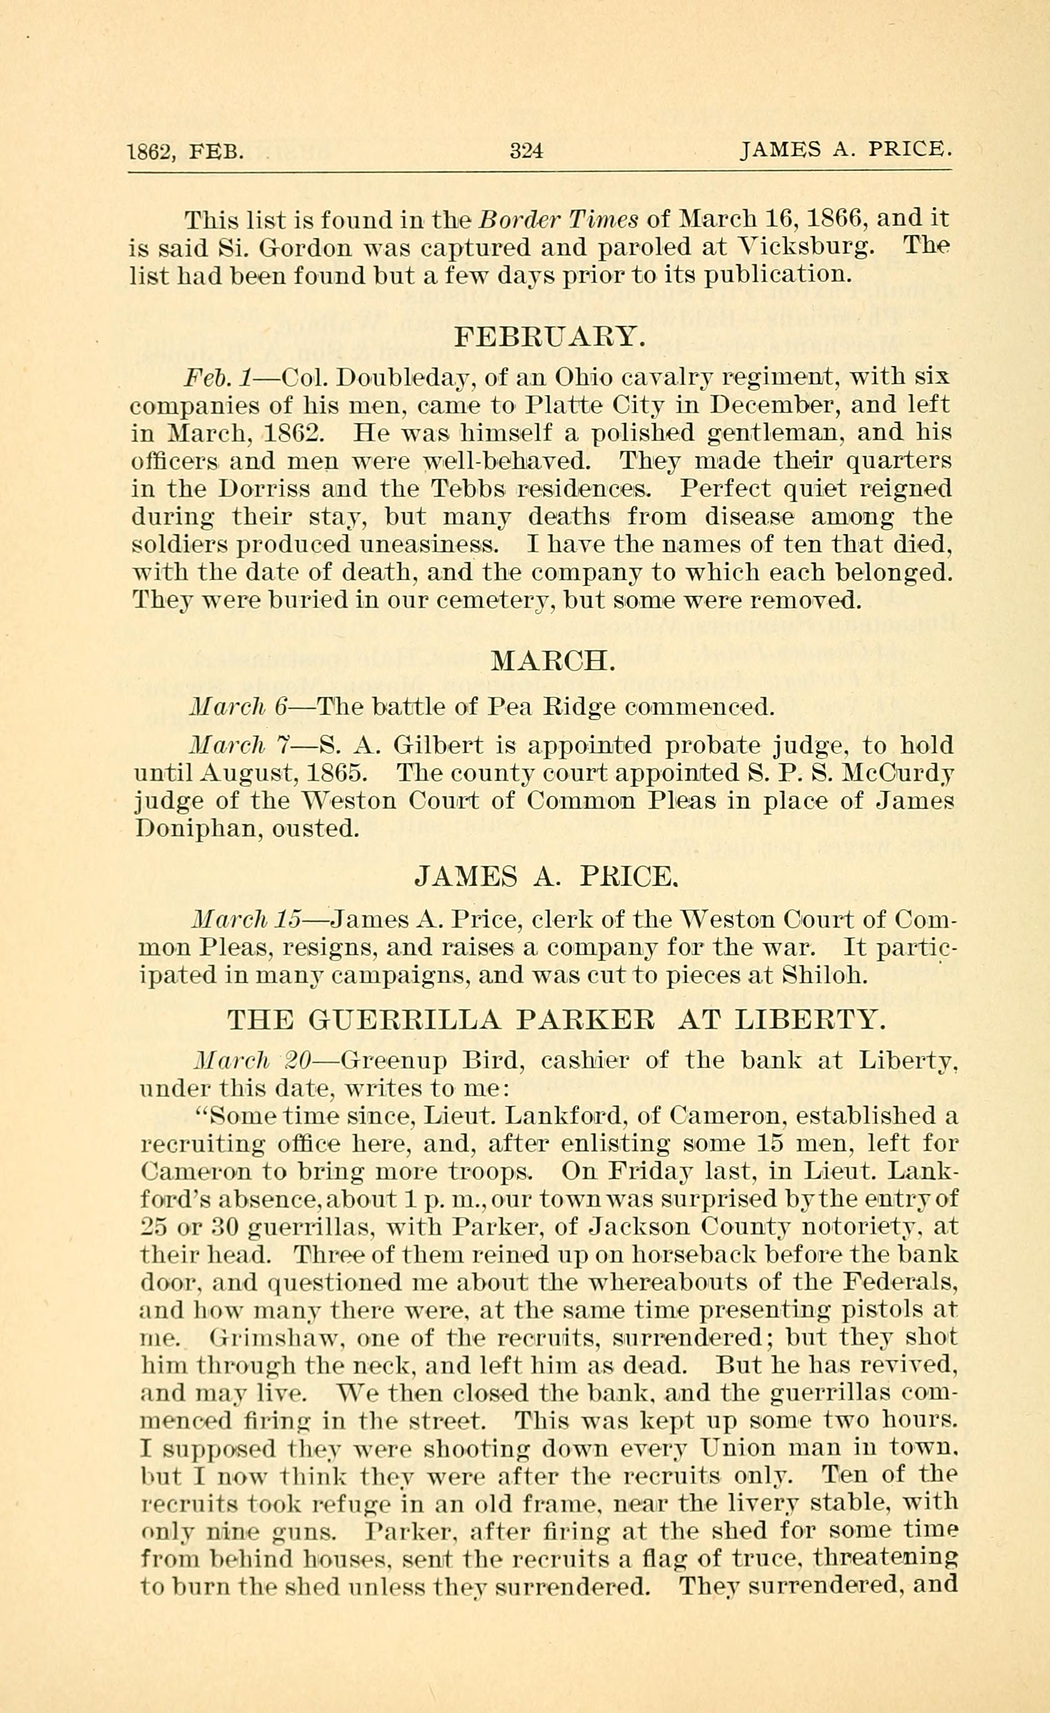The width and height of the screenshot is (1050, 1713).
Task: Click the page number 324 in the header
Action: (x=526, y=151)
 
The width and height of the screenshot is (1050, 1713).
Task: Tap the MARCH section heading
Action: (x=553, y=660)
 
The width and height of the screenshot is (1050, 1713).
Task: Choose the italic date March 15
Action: (x=244, y=921)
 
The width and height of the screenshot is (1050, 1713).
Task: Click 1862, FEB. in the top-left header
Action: (x=186, y=151)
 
